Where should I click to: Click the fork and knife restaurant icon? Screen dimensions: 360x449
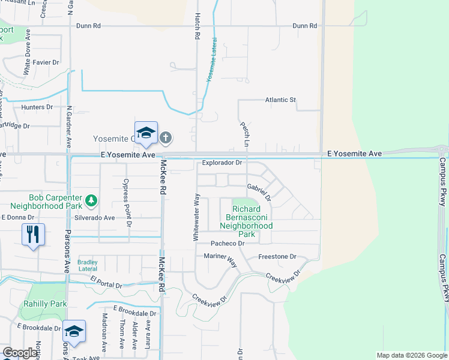coord(33,233)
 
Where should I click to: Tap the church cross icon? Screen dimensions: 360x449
coord(166,138)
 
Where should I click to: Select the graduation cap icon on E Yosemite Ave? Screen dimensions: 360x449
coord(146,133)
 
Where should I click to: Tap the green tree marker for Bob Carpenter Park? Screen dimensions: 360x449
coord(91,199)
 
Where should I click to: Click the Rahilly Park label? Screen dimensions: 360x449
coord(45,304)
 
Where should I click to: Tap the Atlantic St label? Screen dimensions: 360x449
coord(281,100)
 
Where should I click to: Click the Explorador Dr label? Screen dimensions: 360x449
coord(221,162)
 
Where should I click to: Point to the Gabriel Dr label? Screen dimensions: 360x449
coord(259,191)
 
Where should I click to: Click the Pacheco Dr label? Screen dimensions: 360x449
coord(228,244)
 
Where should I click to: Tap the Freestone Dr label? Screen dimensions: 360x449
coord(277,257)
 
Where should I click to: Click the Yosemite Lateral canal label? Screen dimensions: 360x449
coord(212,60)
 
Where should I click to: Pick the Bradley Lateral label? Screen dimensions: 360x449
coord(88,265)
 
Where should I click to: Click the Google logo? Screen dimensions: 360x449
coord(20,353)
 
